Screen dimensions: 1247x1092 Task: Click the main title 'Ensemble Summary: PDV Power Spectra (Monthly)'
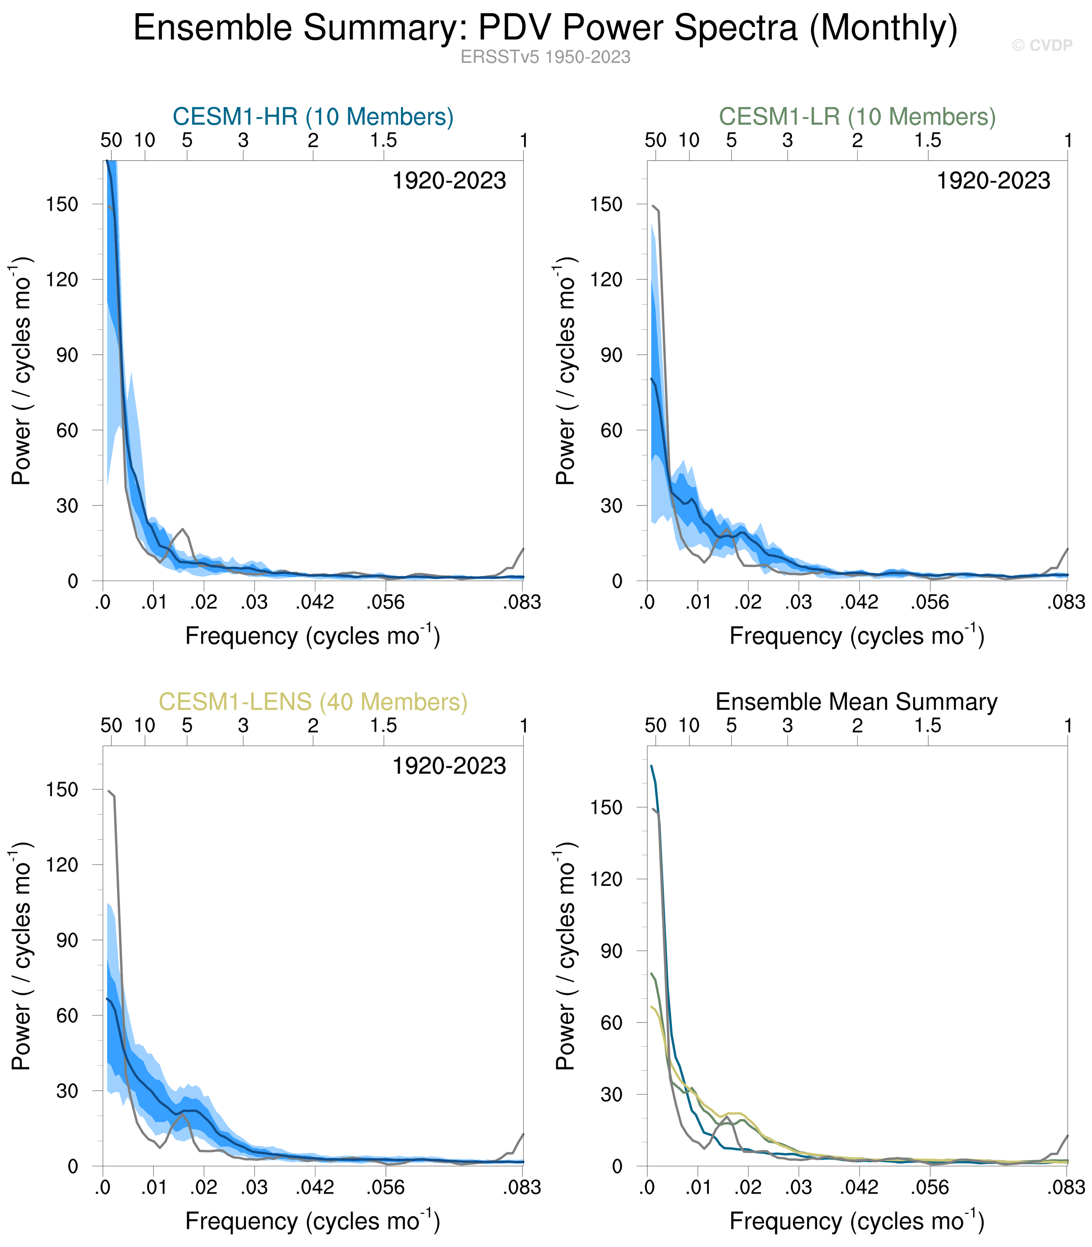[545, 28]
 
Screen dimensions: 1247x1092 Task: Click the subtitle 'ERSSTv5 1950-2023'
[545, 57]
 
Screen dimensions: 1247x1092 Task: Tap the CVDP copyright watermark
[1042, 46]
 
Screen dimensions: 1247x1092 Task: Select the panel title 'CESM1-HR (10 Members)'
[313, 117]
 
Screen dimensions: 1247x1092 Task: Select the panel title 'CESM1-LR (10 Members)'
[857, 117]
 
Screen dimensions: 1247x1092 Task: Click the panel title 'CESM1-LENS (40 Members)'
[313, 702]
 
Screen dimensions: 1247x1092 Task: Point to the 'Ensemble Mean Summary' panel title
[856, 702]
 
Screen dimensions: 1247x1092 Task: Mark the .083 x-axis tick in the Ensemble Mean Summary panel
[1066, 1188]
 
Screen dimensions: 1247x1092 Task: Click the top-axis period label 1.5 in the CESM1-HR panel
[383, 141]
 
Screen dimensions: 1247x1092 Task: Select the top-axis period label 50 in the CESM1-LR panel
[656, 141]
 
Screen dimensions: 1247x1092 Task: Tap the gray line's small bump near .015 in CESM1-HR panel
[182, 529]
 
